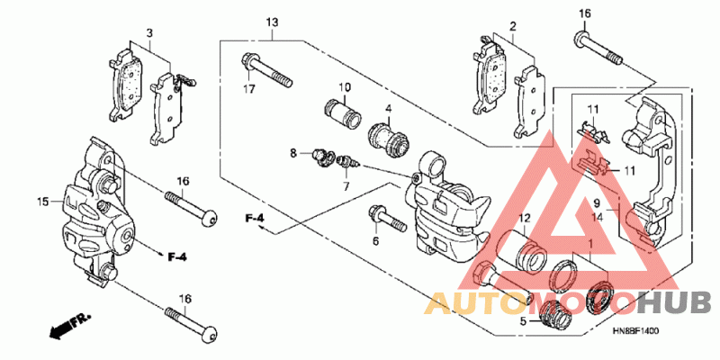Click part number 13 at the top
[273, 22]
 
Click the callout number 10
[344, 87]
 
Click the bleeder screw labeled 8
[319, 158]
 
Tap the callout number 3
[149, 32]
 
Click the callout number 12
[525, 218]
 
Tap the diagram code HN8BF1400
[635, 331]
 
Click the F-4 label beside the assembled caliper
[176, 257]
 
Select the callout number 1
[589, 244]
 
